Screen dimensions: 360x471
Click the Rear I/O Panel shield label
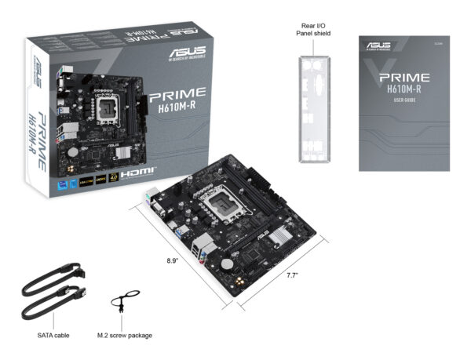(312, 29)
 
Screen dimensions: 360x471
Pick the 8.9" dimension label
(173, 260)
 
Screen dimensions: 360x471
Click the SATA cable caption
(53, 335)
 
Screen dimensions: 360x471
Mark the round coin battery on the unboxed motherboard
(228, 255)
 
